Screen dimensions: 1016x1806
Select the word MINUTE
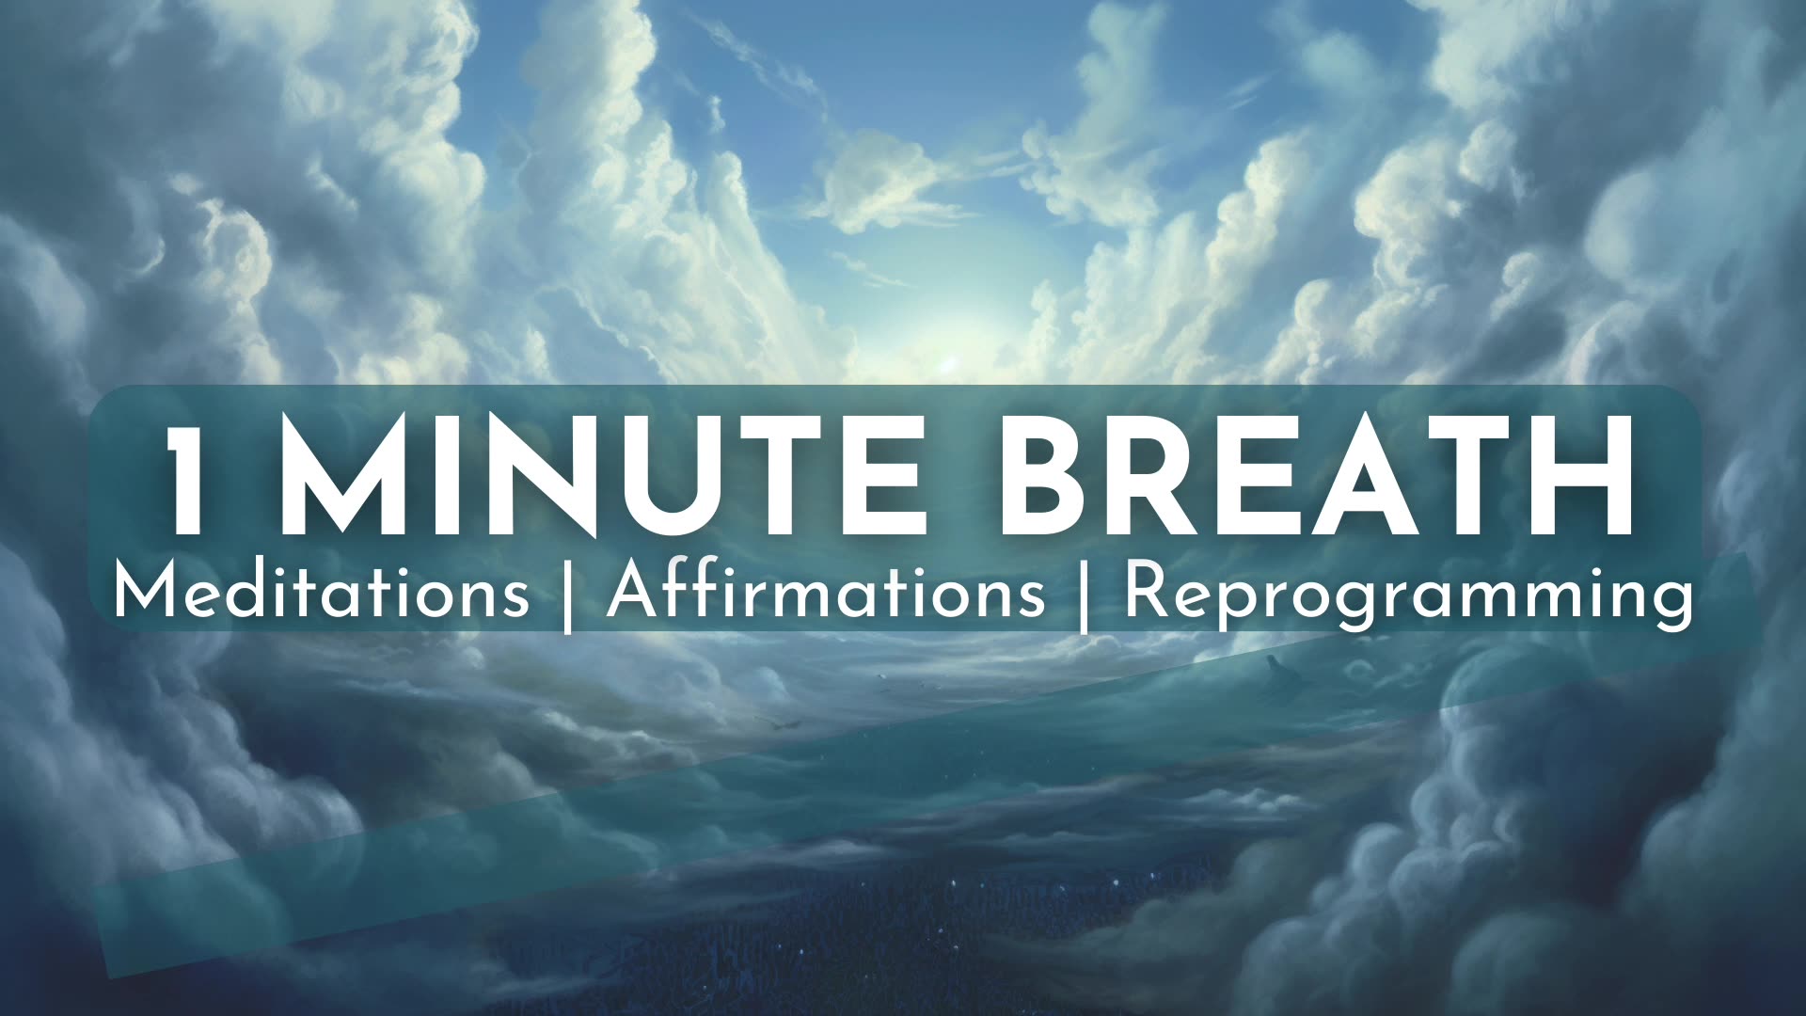tap(602, 480)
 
